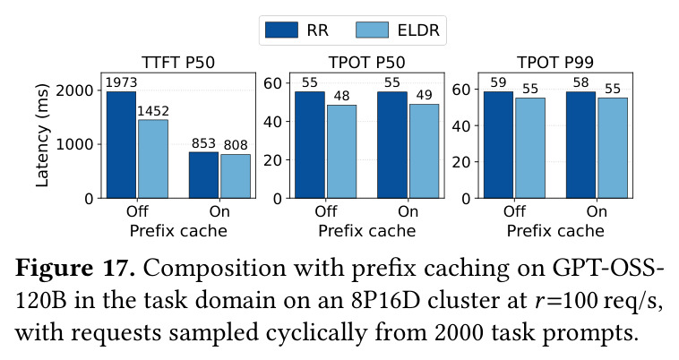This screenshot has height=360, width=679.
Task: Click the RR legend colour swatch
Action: (281, 30)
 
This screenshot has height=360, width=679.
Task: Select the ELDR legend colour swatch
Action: (372, 30)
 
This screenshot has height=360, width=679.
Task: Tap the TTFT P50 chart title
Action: (178, 63)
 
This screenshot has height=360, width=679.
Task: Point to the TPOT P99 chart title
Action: (555, 63)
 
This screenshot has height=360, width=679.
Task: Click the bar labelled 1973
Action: (121, 144)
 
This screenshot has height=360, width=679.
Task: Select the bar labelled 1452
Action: (153, 159)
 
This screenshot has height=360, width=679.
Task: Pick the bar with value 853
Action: (203, 175)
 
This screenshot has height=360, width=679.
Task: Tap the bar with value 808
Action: (236, 176)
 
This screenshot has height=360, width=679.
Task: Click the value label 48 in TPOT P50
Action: (341, 96)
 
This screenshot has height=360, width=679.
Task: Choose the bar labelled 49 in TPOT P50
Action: (424, 151)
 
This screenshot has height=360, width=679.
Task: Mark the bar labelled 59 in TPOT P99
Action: (498, 144)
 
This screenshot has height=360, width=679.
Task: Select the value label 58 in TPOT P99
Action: (580, 82)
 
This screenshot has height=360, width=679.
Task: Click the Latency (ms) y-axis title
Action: (42, 135)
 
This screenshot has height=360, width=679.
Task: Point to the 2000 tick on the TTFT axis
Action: (74, 90)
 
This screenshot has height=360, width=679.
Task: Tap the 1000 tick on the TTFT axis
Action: (74, 144)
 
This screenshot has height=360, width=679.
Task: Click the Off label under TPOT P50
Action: (326, 211)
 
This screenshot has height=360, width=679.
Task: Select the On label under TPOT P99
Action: (597, 211)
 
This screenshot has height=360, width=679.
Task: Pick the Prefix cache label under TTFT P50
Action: (178, 231)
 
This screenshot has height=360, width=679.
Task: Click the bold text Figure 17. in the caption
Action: (75, 269)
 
